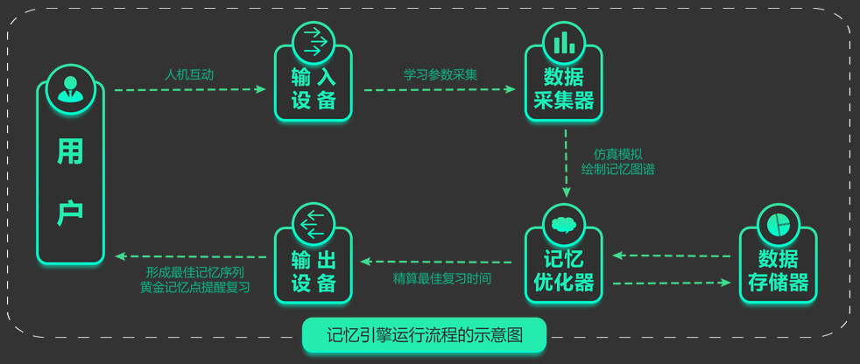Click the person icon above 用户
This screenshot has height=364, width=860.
tap(70, 88)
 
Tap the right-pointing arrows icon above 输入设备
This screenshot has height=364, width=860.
tap(313, 42)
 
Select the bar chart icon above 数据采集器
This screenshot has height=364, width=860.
tap(564, 42)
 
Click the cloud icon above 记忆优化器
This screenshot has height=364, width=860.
tap(564, 224)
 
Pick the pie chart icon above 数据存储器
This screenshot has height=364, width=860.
tap(778, 224)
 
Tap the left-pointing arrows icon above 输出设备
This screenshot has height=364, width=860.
tap(313, 224)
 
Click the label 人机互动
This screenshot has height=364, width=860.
tap(189, 74)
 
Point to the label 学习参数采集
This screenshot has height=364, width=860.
tap(441, 74)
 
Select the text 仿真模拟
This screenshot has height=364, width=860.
tap(618, 155)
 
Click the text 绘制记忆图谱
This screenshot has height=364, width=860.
tap(618, 170)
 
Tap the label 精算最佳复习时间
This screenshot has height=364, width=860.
tap(441, 278)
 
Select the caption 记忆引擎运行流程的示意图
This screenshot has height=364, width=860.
tap(424, 335)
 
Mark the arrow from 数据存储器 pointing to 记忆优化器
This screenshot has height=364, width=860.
tap(672, 255)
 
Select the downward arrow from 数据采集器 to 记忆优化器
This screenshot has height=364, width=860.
tap(566, 164)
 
